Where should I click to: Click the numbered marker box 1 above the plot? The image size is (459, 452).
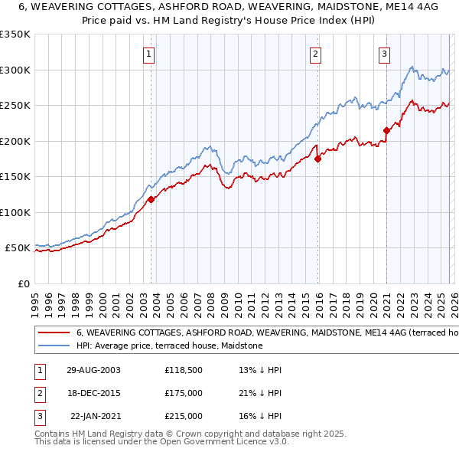148,54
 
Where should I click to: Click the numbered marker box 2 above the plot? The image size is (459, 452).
315,54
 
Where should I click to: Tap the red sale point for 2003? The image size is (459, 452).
151,199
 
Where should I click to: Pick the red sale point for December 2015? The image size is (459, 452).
318,159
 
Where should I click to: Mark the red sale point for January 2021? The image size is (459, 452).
386,130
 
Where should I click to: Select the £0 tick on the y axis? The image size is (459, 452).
24,283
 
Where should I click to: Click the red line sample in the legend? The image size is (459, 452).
54,333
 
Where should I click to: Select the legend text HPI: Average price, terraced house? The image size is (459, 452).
169,346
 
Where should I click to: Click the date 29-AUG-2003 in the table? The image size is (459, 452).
93,370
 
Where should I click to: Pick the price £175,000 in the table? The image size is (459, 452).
183,393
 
